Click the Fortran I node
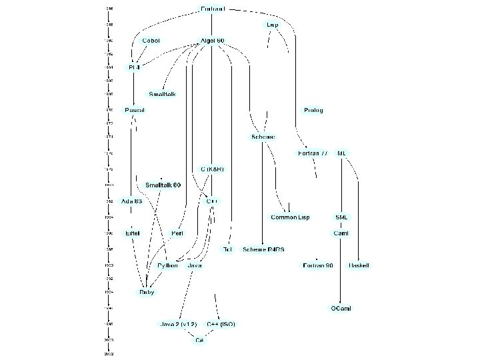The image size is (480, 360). (213, 9)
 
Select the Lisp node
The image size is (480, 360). (272, 24)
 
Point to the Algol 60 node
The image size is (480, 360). (212, 41)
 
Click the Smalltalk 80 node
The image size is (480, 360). (163, 185)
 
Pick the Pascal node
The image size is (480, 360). (135, 110)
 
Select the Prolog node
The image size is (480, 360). (313, 110)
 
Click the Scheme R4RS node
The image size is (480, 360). (263, 249)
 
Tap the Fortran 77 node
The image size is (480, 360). (312, 153)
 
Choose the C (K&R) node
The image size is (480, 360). (212, 169)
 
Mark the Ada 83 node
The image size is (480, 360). (131, 201)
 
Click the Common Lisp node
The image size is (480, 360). (289, 217)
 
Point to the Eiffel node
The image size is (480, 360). (132, 233)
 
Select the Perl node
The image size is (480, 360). (177, 233)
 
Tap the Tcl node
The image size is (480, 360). (227, 249)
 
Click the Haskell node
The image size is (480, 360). (359, 265)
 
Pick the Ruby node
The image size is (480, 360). (146, 292)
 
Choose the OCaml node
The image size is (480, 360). (341, 309)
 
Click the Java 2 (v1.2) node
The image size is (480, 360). (178, 325)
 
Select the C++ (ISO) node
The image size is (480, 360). (220, 325)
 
